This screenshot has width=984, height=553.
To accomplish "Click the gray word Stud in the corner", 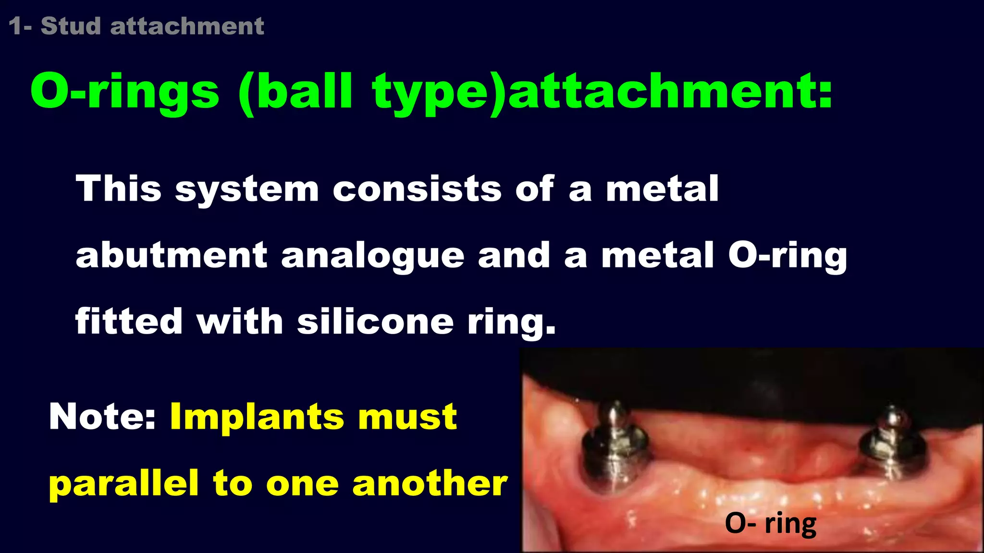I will click(71, 26).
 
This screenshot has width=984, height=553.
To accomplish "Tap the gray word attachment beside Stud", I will click(187, 26).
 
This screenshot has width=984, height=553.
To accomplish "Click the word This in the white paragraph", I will click(118, 188).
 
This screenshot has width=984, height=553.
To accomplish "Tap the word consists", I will click(417, 188).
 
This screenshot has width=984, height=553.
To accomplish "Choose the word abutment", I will click(171, 255).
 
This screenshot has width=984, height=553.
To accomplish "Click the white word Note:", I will click(103, 416).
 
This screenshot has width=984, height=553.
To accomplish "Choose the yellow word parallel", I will click(123, 483).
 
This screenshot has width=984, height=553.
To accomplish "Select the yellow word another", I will click(430, 483).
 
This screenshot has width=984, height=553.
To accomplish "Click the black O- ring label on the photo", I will click(770, 523).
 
